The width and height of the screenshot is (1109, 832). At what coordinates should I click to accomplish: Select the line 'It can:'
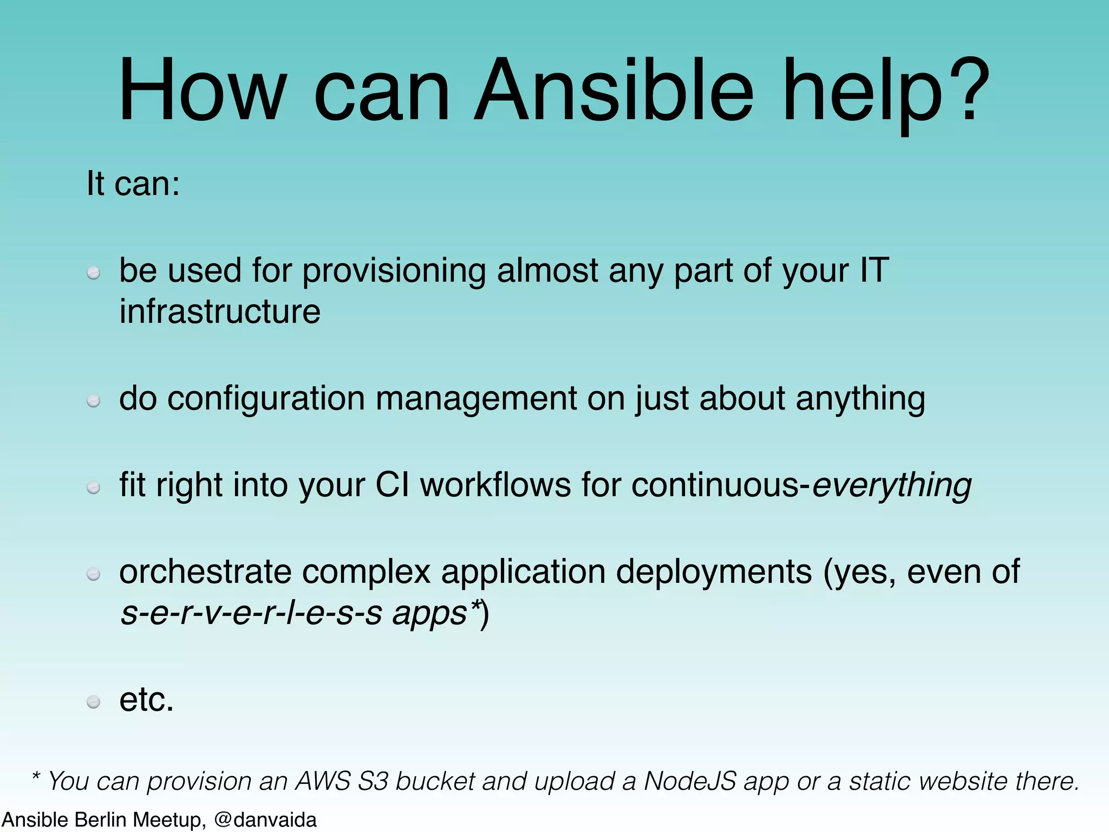pos(133,184)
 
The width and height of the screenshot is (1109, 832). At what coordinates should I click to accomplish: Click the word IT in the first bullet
pos(874,270)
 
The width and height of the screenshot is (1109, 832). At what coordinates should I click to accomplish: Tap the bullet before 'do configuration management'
pos(94,400)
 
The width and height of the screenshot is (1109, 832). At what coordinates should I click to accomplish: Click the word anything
pos(860,399)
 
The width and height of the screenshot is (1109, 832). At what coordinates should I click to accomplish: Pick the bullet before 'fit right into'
pos(94,487)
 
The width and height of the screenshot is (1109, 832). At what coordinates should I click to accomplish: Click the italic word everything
pos(892,485)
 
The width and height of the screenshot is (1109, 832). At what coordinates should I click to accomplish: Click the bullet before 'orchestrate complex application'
pos(94,574)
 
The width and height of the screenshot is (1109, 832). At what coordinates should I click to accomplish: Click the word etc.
pos(146,700)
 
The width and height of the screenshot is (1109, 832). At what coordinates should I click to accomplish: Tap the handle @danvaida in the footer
pos(265,820)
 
